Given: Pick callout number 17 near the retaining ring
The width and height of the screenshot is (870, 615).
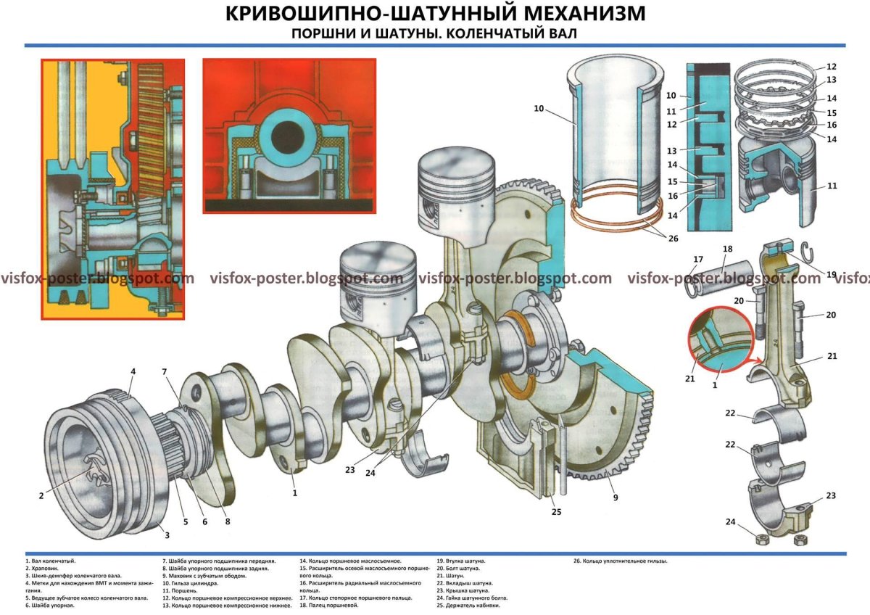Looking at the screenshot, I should tap(697, 259).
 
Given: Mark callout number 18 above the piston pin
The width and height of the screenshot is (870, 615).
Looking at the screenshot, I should tap(728, 249).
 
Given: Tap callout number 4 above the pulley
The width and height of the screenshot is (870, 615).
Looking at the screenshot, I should tap(133, 372).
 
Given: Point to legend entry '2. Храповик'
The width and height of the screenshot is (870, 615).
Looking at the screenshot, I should tap(43, 569).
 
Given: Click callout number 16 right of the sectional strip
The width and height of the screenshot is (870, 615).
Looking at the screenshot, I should tap(831, 125).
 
